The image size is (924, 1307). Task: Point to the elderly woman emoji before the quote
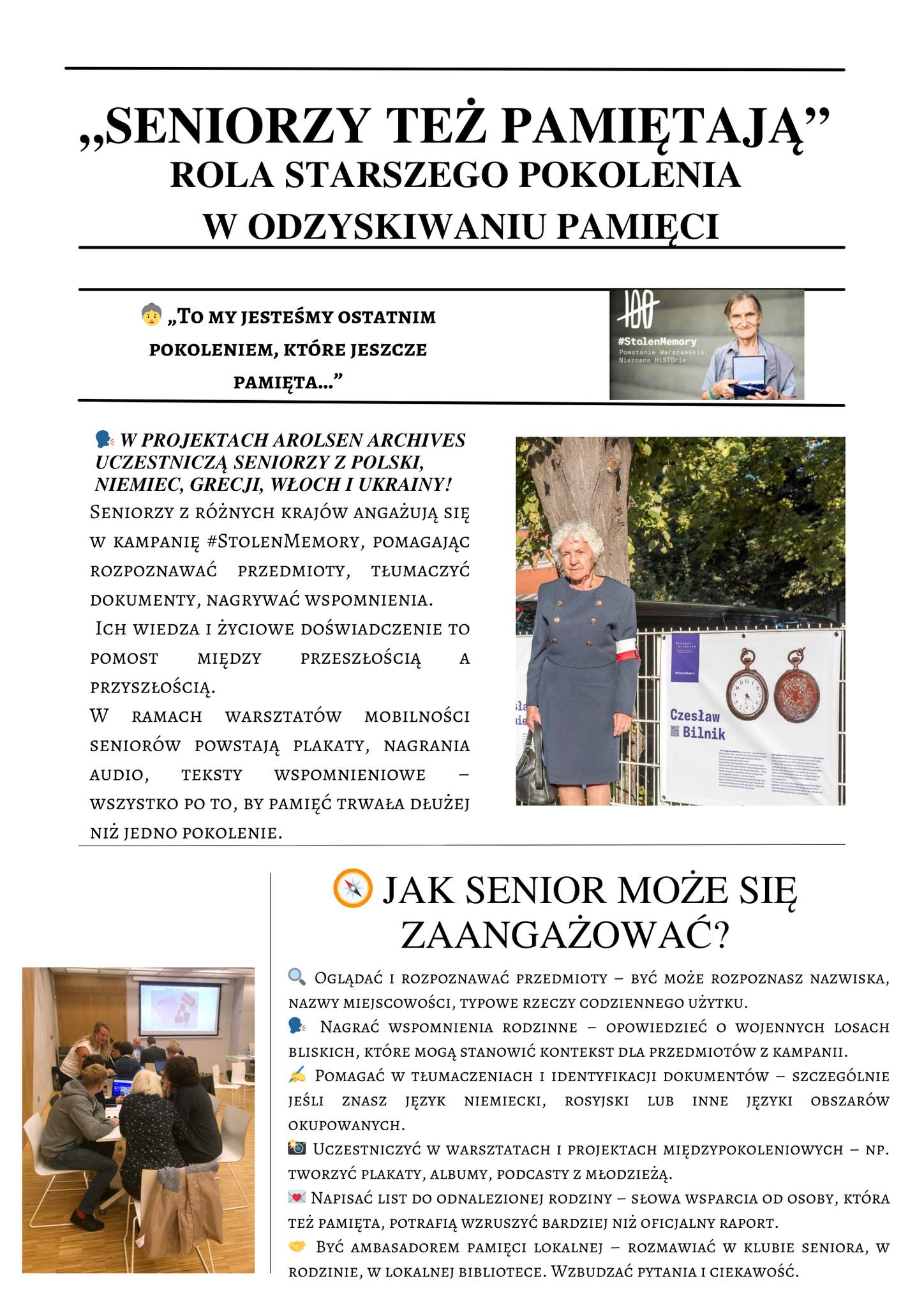coord(151,316)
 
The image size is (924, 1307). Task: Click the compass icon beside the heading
coord(352,888)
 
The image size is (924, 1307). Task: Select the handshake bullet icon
coord(297,1246)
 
